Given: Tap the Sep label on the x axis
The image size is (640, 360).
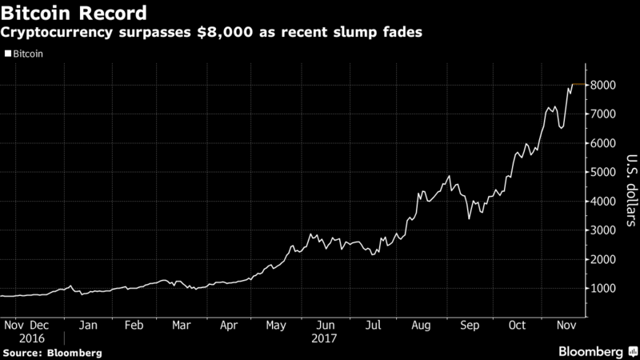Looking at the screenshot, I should [470, 326].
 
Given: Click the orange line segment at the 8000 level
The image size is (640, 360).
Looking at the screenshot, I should [577, 84].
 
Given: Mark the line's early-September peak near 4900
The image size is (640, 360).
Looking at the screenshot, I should [449, 176].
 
